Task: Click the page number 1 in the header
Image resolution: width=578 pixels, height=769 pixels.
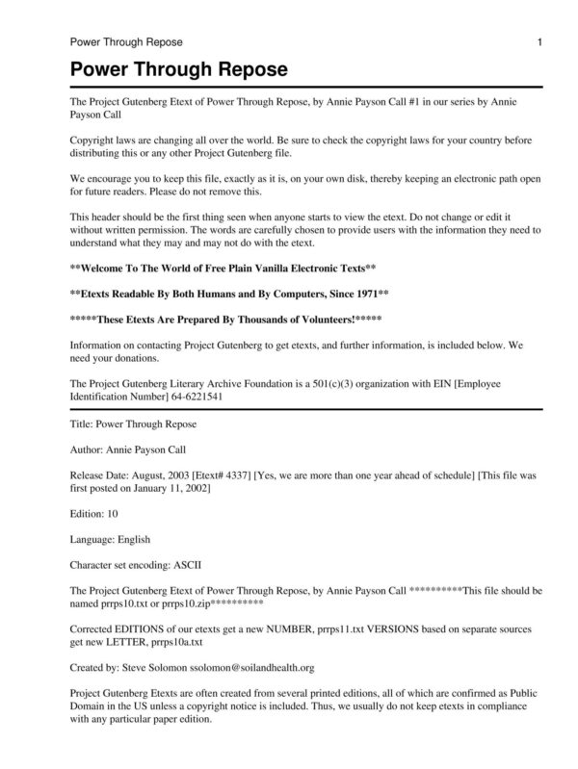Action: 540,42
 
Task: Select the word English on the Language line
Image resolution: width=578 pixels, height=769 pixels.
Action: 131,539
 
